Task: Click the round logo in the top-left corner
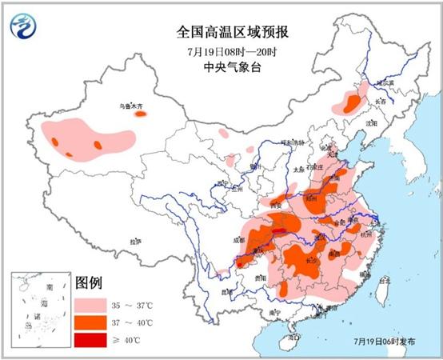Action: coord(25,26)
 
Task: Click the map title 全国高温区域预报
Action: coord(233,33)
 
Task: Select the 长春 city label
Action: coord(381,102)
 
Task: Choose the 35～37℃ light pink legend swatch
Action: coord(91,306)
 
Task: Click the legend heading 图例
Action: coord(90,283)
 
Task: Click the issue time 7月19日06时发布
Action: coord(384,342)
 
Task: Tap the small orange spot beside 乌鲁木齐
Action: coord(141,114)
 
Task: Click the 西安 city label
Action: coord(277,205)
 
